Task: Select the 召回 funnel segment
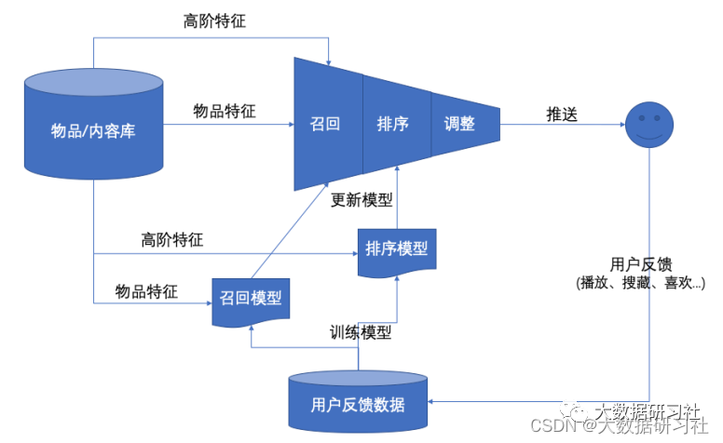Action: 325,124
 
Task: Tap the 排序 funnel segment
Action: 393,124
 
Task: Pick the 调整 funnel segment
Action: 460,124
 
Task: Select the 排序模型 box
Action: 397,249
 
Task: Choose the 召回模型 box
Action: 251,299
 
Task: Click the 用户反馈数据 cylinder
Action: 359,404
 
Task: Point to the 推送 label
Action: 562,114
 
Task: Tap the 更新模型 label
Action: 362,200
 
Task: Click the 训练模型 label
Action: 361,331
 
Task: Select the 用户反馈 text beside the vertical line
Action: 639,263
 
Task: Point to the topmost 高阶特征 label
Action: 215,20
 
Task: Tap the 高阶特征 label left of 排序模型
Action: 172,239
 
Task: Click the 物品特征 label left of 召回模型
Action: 146,291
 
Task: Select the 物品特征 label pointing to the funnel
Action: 225,112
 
